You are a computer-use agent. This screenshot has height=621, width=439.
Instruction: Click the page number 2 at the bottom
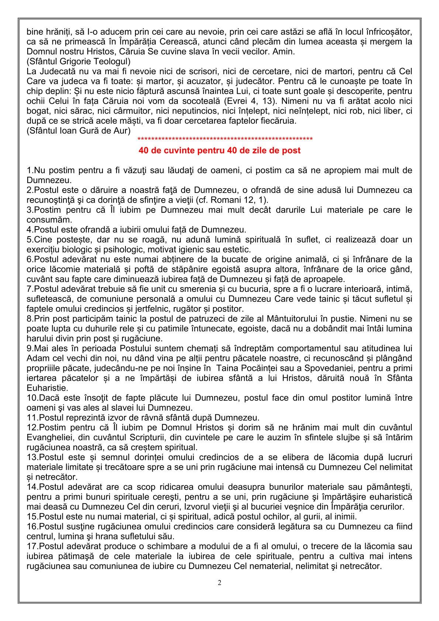click(x=219, y=583)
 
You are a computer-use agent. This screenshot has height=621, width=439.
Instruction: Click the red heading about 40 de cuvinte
click(x=219, y=151)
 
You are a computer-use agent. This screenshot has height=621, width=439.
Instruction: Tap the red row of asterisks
click(x=225, y=139)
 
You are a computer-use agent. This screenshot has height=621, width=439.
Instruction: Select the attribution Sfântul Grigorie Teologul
click(x=79, y=61)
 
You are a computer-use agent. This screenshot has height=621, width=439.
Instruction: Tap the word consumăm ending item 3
click(x=45, y=220)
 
